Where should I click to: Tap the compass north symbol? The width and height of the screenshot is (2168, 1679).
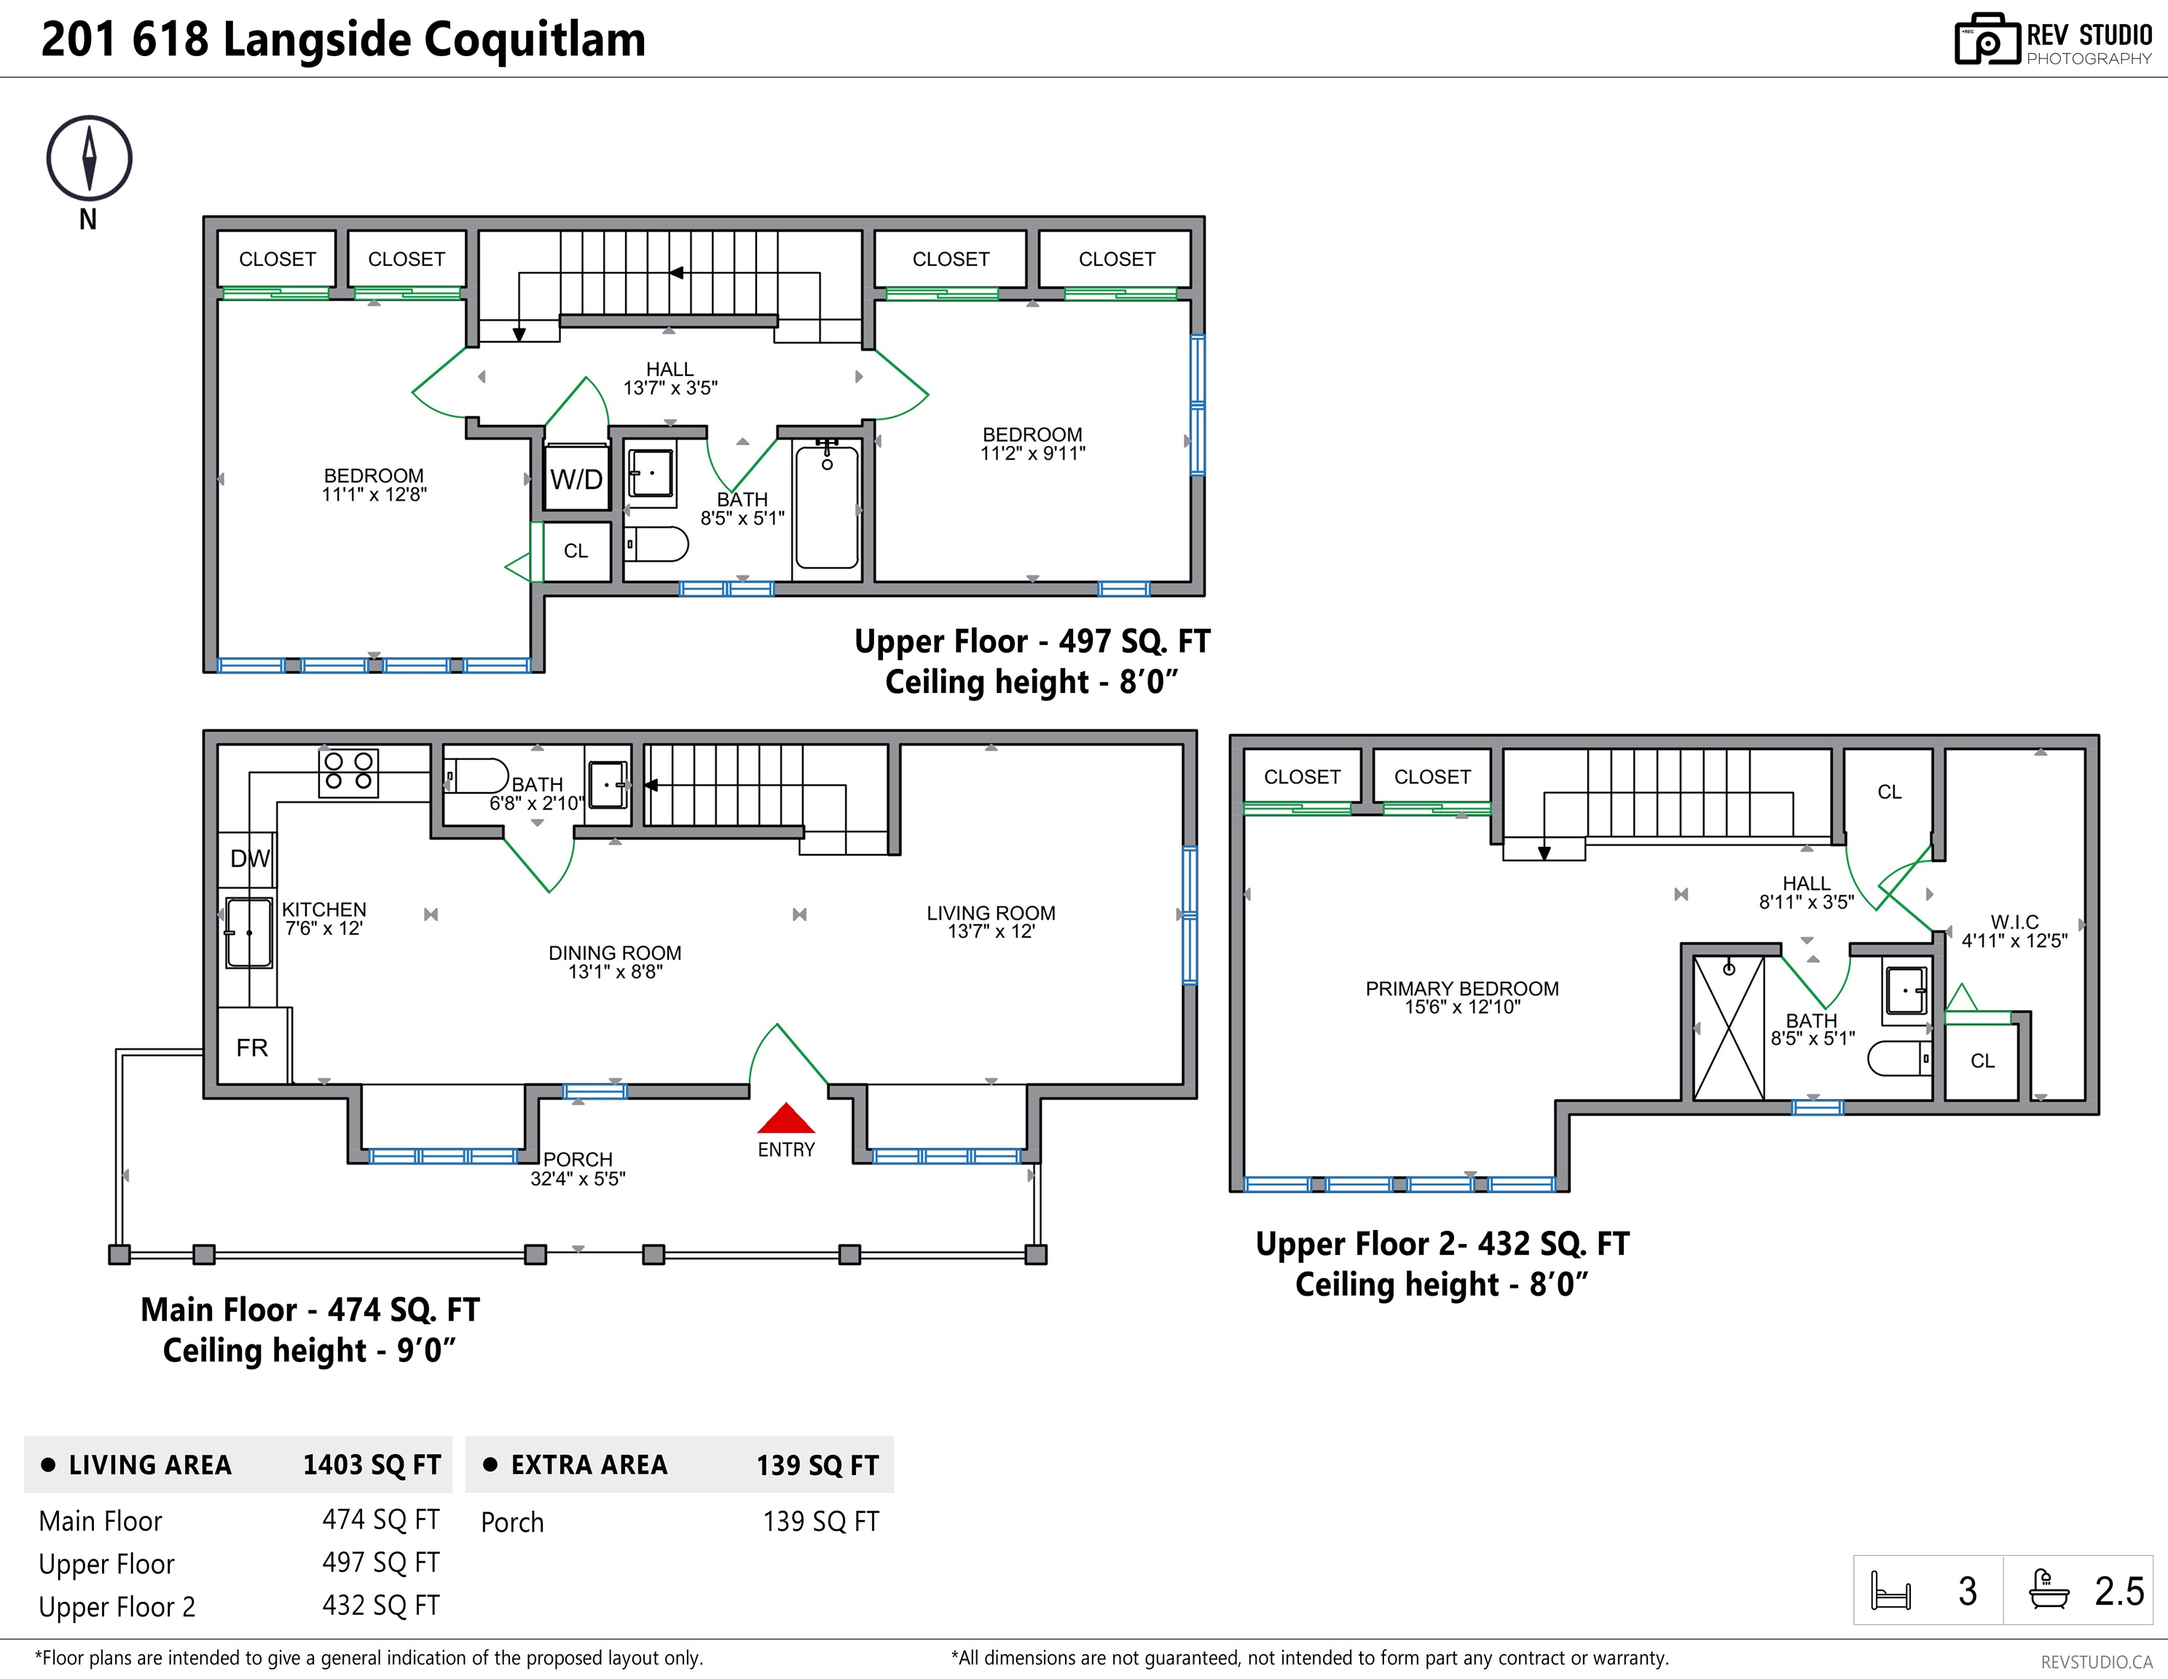(x=90, y=159)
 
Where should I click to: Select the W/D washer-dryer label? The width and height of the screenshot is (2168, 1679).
(x=577, y=480)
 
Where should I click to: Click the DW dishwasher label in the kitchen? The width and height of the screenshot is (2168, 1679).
(x=250, y=859)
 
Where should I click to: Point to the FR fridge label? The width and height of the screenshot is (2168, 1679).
(x=252, y=1047)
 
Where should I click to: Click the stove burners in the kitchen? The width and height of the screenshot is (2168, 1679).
(x=348, y=772)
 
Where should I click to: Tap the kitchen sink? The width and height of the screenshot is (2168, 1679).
(x=248, y=932)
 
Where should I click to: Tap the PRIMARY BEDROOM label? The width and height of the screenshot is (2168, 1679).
(x=1462, y=989)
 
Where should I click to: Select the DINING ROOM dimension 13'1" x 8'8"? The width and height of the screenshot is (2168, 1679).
(x=616, y=972)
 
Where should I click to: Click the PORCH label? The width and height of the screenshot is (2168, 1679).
(x=578, y=1159)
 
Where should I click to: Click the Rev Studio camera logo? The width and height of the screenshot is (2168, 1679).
(x=1987, y=40)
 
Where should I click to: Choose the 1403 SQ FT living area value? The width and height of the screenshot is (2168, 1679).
(x=372, y=1465)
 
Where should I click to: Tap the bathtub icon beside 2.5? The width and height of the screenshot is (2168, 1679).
(x=2049, y=1589)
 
